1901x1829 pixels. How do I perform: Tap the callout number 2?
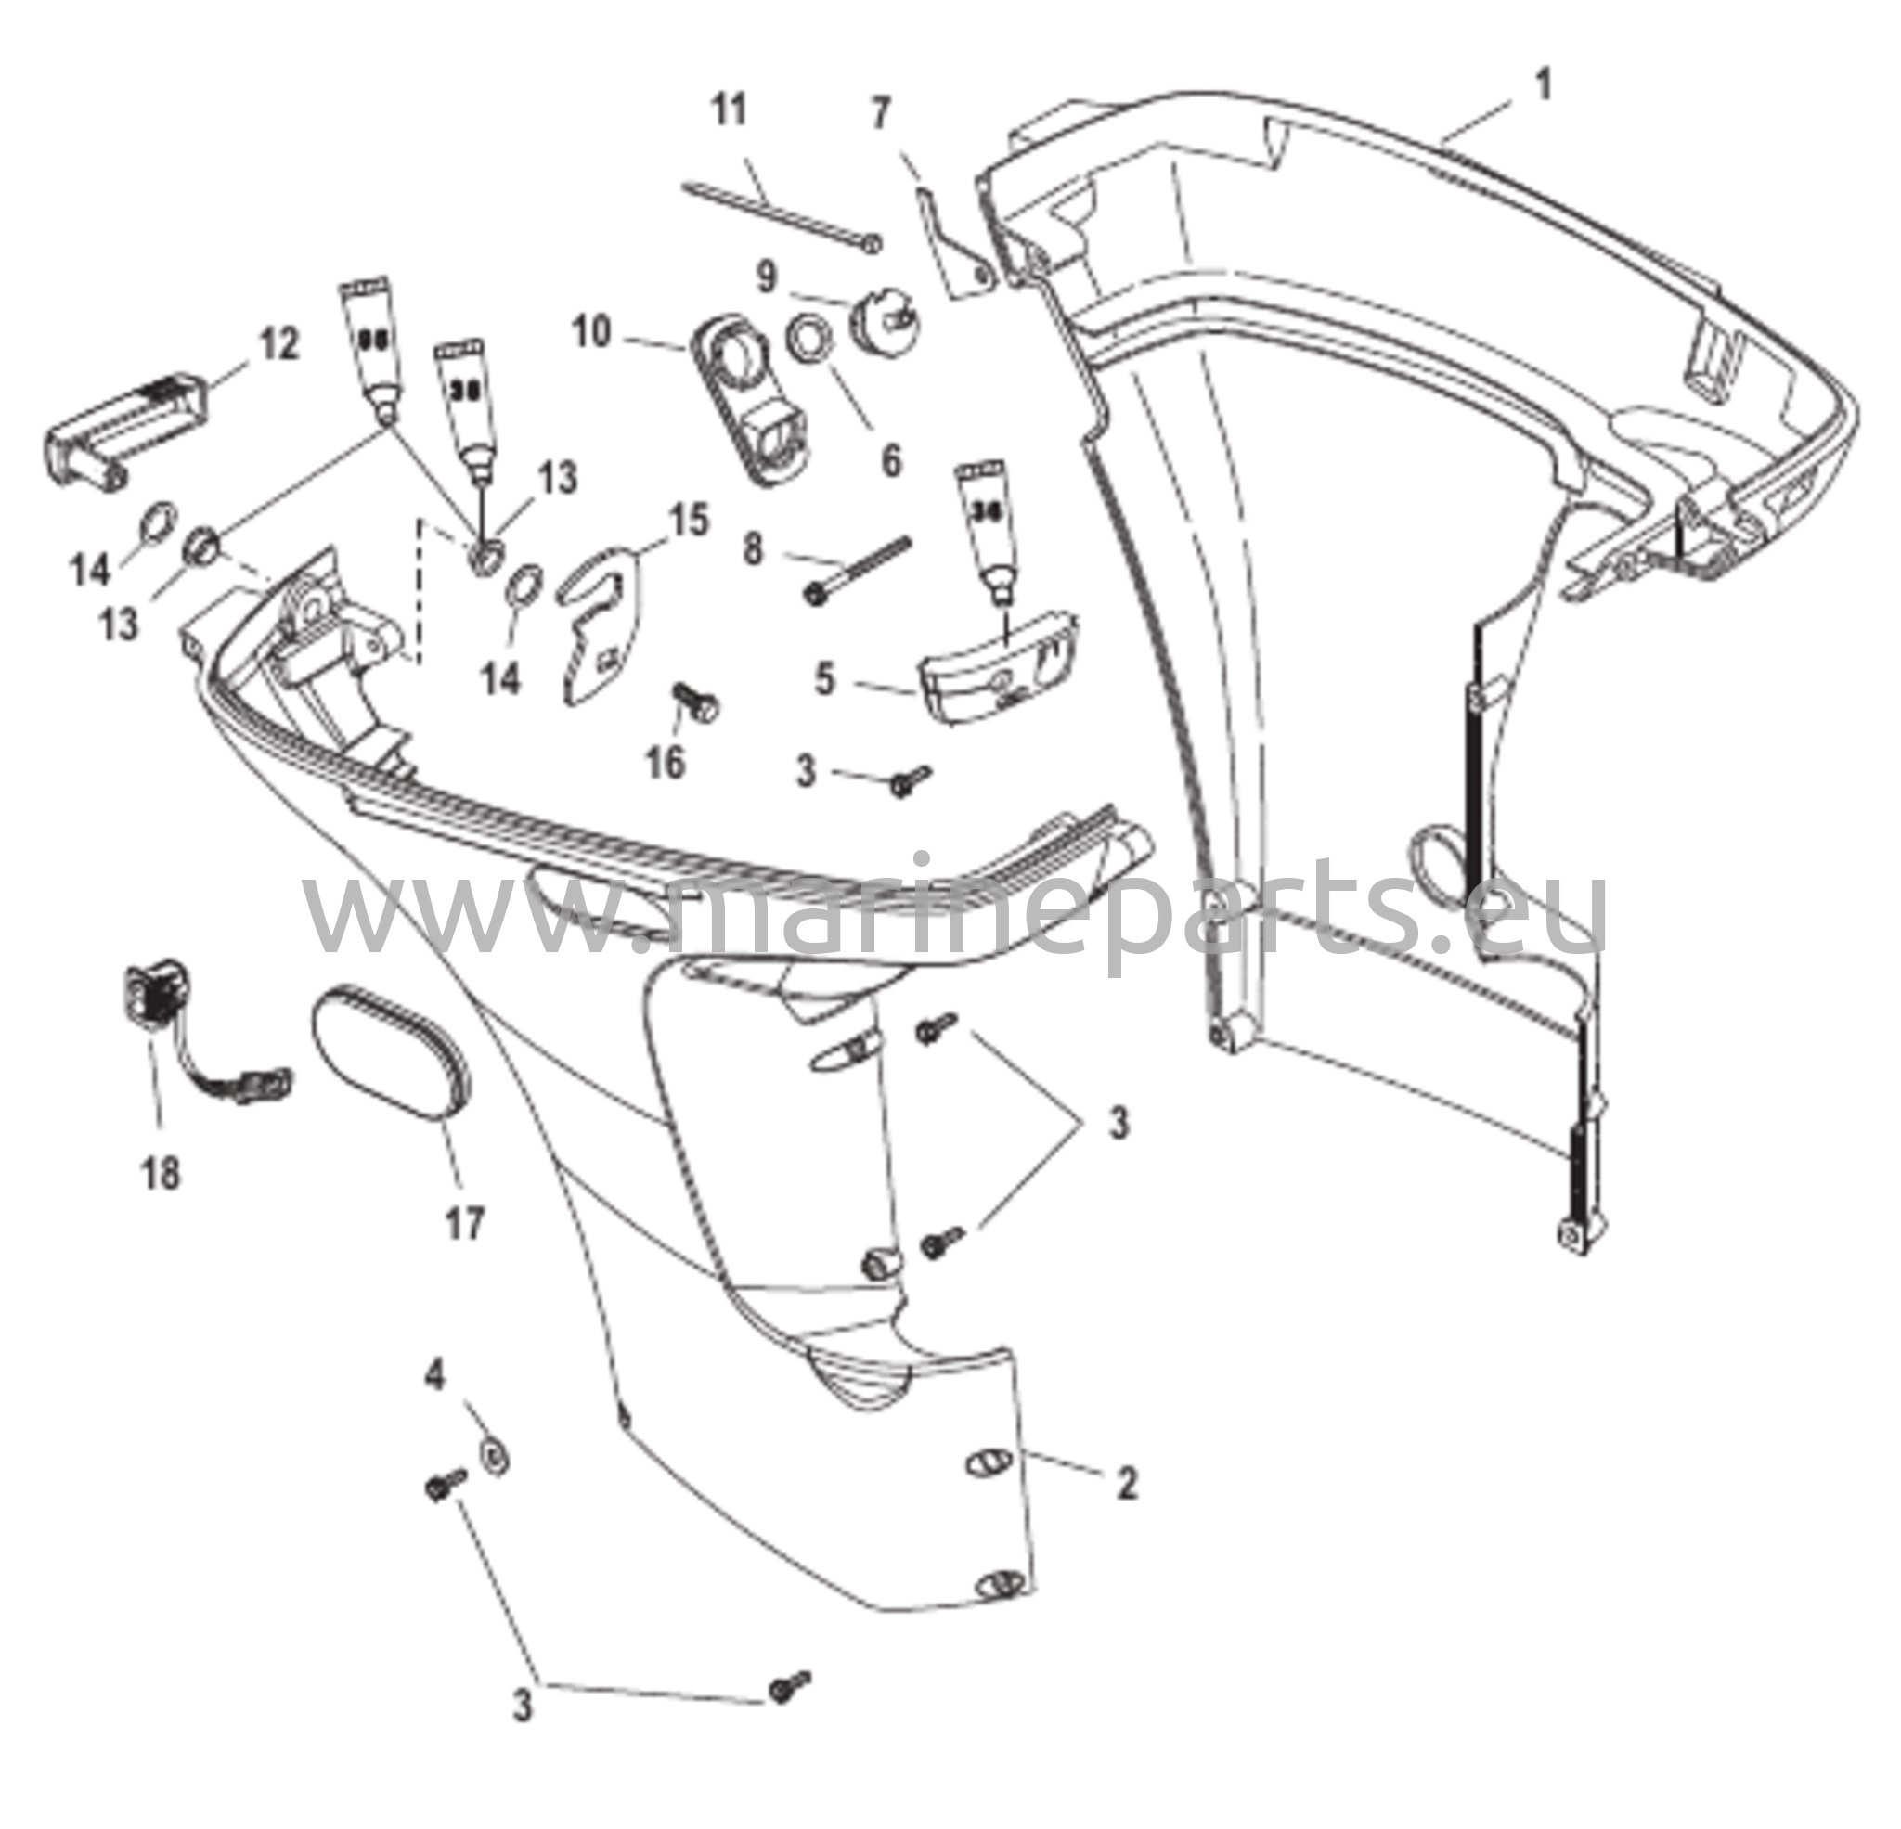[x=1126, y=1483]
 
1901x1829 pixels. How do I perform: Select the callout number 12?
[x=279, y=345]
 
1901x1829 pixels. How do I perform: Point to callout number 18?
[x=162, y=1175]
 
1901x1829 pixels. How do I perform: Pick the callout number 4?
[x=435, y=1374]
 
